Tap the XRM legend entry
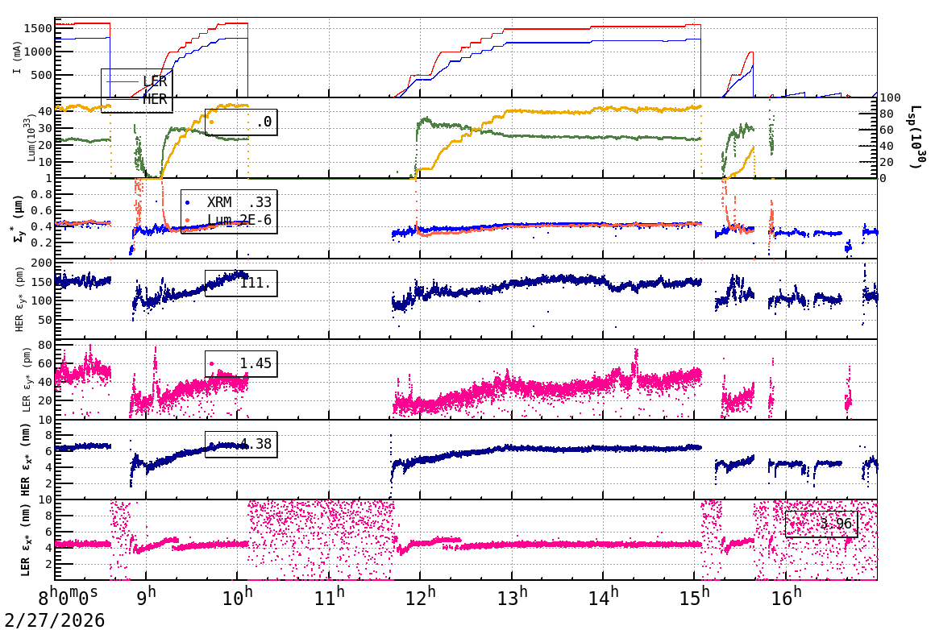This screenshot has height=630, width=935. pos(219,202)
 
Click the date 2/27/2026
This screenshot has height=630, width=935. pos(52,620)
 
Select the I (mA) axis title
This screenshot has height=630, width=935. pos(18,57)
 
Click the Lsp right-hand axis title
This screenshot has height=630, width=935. pos(916,137)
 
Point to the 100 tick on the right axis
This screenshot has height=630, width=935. pos(890,98)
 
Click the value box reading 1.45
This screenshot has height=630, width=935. pos(241,363)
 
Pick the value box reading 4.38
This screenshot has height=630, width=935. pos(241,444)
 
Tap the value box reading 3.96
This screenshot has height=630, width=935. pos(821,524)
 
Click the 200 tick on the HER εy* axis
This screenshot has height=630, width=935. pos(40,263)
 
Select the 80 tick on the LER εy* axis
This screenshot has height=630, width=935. pos(45,345)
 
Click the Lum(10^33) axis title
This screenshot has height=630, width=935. pos(32,138)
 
